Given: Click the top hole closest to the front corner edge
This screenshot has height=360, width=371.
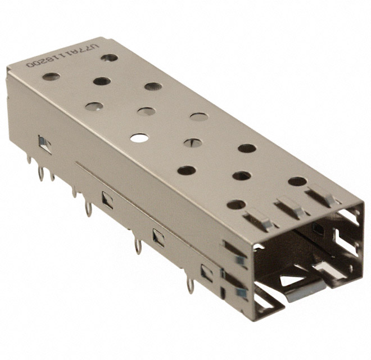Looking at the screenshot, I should [x=236, y=204].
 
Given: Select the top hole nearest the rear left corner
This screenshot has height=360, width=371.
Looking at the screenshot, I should [x=51, y=76].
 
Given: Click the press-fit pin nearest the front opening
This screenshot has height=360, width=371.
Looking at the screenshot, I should [x=190, y=286].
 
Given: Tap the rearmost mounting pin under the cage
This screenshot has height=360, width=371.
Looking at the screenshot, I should [x=29, y=160].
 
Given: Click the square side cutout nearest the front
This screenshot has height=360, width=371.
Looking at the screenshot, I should [x=207, y=273].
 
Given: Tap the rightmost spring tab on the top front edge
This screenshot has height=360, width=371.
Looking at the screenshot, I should [x=321, y=196].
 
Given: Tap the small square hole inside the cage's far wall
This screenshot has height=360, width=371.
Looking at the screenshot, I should [x=318, y=228].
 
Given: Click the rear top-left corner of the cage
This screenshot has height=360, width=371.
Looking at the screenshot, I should [x=8, y=69].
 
